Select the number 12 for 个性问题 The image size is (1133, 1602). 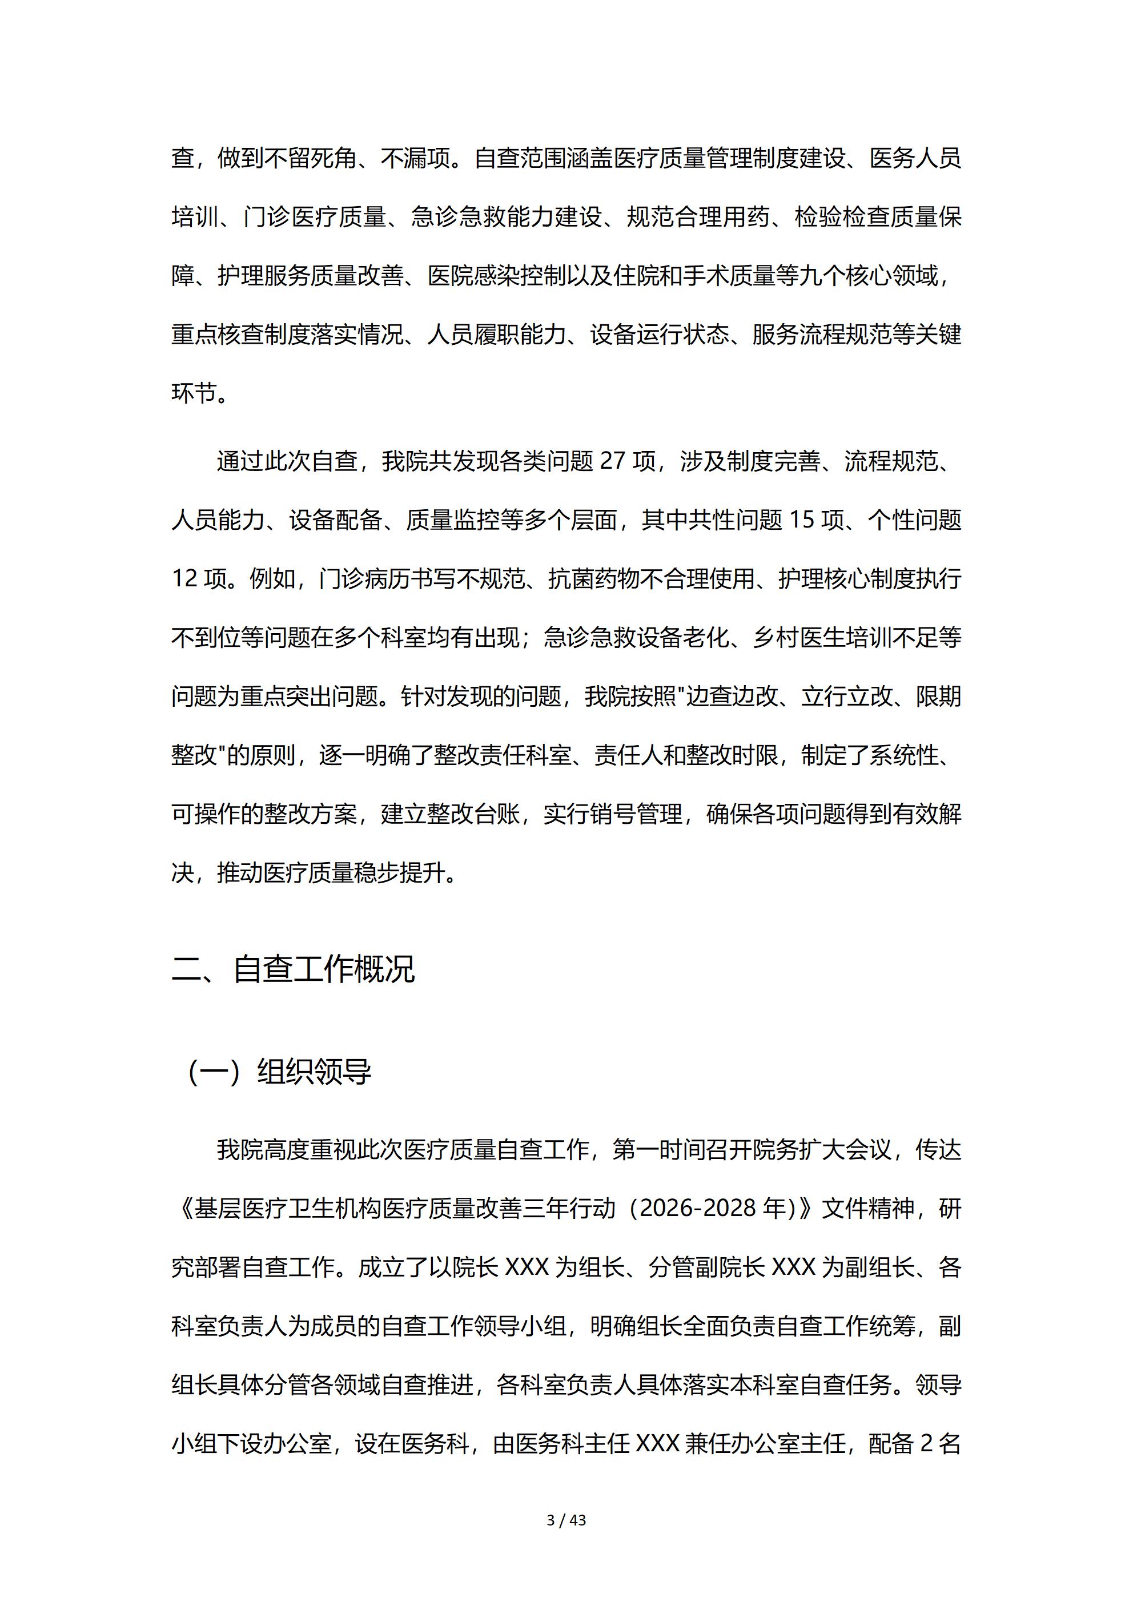pyautogui.click(x=185, y=579)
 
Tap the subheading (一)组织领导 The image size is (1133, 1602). pyautogui.click(x=279, y=1072)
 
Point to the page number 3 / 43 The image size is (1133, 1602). pyautogui.click(x=566, y=1520)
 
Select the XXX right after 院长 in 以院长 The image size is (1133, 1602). pyautogui.click(x=527, y=1266)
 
